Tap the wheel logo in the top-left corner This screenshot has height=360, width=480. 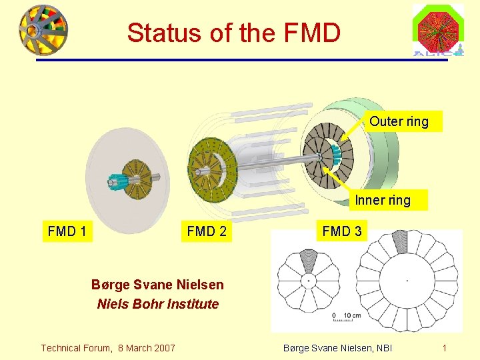tap(43, 29)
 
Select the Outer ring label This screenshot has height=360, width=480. tap(399, 121)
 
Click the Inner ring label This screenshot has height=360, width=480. tap(383, 199)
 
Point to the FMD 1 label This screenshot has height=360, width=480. tap(67, 231)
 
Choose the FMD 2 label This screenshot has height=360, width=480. tap(206, 231)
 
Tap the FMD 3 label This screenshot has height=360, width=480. tap(342, 231)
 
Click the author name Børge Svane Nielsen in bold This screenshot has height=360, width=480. tap(157, 285)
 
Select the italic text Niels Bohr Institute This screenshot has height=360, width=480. tap(157, 304)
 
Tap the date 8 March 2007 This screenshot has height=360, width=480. tap(147, 347)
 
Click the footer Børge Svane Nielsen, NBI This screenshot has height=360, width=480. tap(338, 347)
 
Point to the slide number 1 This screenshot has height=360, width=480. tap(444, 347)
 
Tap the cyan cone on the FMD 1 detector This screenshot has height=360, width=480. tap(119, 181)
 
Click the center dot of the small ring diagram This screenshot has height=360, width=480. tap(308, 281)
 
